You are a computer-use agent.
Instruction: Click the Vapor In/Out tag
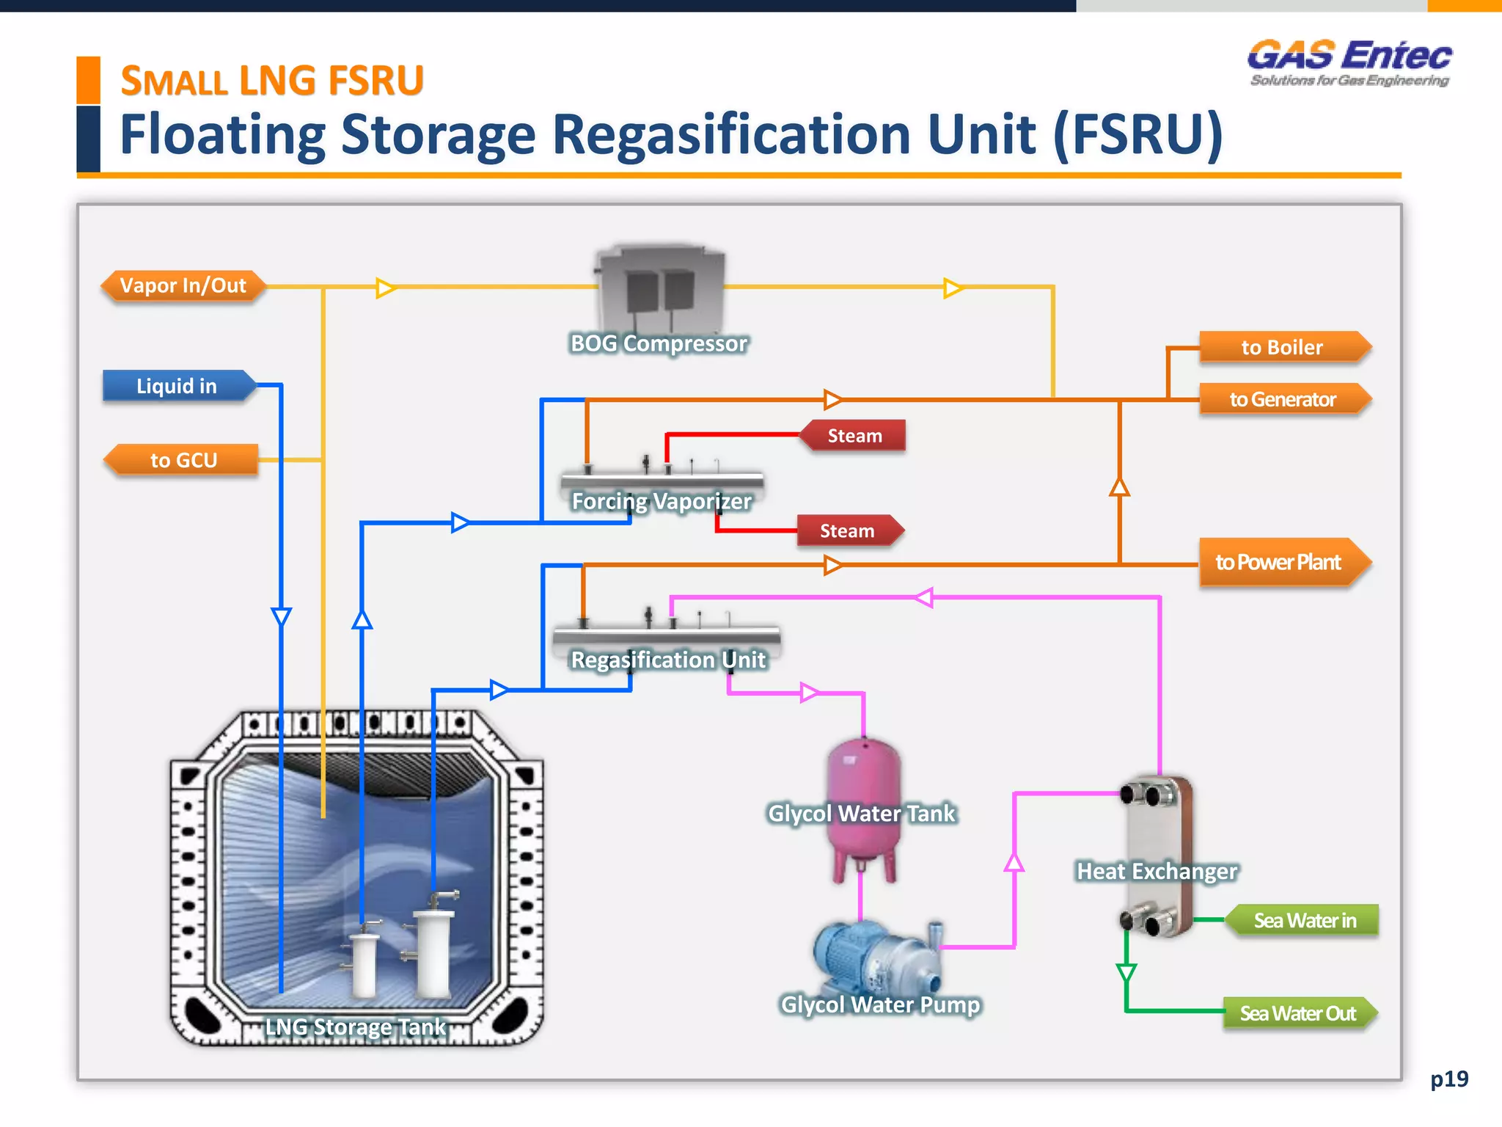coord(183,285)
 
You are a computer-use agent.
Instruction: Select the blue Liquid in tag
coord(177,386)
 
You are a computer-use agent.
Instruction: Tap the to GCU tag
coord(183,460)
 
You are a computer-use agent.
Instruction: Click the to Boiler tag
coord(1283,347)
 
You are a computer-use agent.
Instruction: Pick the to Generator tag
coord(1283,399)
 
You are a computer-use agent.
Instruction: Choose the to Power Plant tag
coord(1280,562)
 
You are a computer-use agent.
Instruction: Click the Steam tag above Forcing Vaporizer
coord(854,436)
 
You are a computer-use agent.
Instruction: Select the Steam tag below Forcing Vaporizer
coord(848,530)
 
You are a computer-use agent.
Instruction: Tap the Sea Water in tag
coord(1304,920)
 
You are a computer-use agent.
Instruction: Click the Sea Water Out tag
coord(1297,1013)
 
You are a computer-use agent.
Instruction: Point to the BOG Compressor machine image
coord(661,290)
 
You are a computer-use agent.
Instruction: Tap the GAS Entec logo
coord(1349,63)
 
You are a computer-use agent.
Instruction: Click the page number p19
coord(1448,1079)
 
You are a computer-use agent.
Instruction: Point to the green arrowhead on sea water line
coord(1126,973)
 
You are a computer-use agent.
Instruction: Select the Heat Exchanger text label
coord(1157,871)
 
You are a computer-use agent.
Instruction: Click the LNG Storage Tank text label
coord(355,1026)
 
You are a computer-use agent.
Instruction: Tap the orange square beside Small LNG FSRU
coord(88,79)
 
